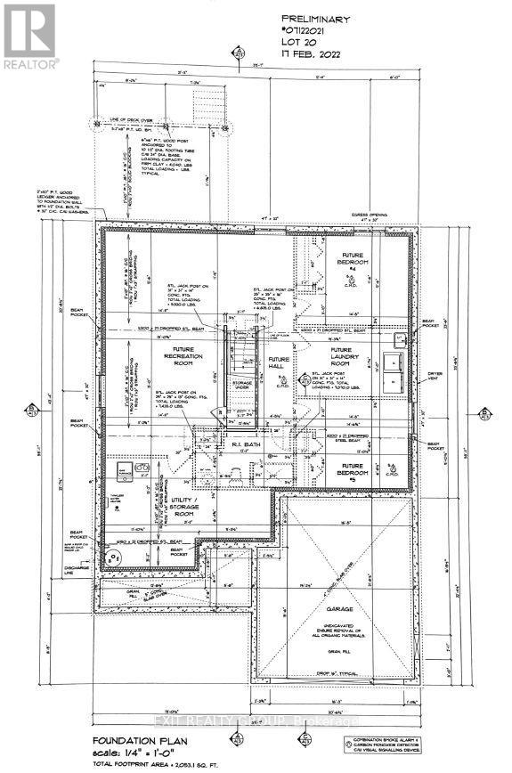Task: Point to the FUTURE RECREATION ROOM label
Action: click(x=185, y=361)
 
